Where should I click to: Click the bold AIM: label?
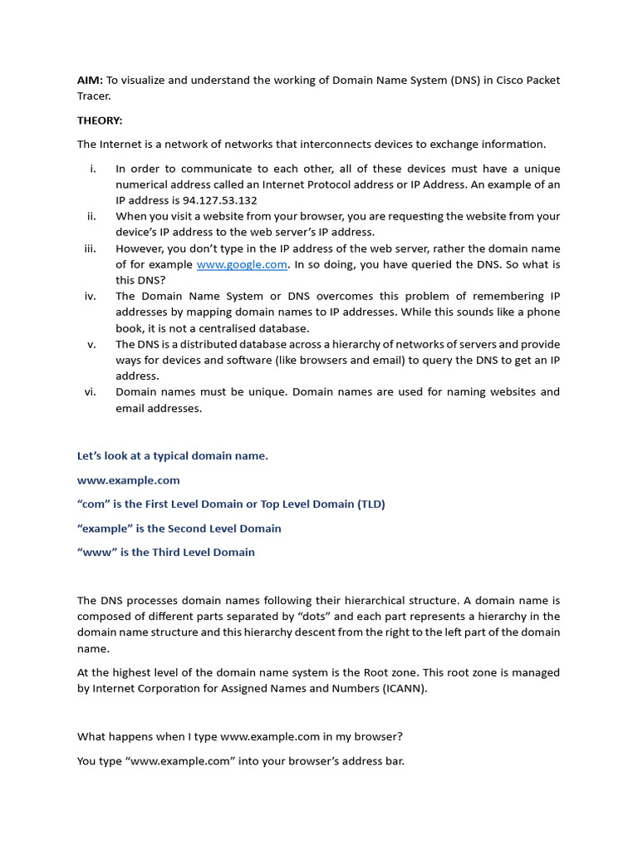(90, 81)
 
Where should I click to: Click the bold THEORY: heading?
(100, 121)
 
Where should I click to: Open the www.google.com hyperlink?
(242, 264)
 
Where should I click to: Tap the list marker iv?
(91, 297)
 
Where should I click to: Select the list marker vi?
(91, 392)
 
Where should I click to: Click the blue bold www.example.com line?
(128, 480)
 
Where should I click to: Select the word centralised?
(271, 328)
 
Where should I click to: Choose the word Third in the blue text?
(169, 553)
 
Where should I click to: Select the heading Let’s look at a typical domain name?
(173, 456)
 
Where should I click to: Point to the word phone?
(543, 312)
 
